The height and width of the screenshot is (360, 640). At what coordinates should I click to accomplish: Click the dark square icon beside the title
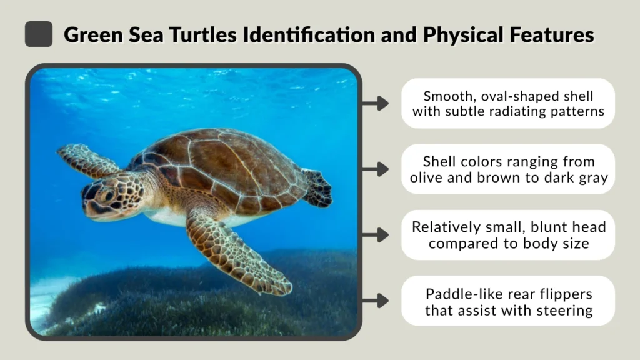tap(39, 34)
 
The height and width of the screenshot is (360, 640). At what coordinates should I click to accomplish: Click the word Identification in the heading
tap(291, 34)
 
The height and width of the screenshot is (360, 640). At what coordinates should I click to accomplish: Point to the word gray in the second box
tap(591, 177)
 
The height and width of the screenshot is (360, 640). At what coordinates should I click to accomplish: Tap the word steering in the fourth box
tap(566, 309)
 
